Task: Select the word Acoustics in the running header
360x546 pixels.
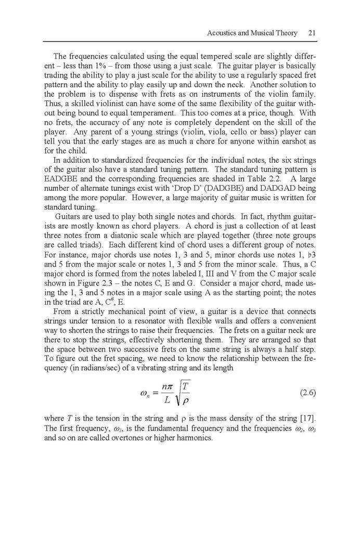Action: [222, 33]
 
